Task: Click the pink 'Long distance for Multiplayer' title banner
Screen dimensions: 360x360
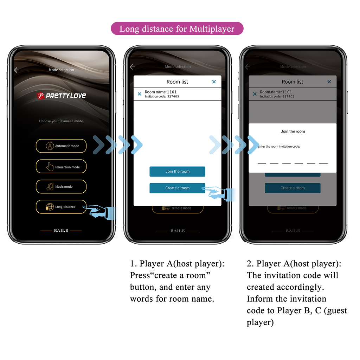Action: pos(177,28)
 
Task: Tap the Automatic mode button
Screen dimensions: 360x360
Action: pos(61,146)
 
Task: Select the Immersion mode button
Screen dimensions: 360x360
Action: pos(61,167)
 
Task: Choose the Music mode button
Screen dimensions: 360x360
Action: pos(61,186)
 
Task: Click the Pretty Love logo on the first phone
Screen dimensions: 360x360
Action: pos(62,96)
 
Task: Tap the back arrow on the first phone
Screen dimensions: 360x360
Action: pos(17,70)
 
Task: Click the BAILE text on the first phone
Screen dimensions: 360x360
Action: pos(61,231)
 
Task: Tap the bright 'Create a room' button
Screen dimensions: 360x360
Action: pos(177,188)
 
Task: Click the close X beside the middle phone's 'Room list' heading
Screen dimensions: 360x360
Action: pos(214,82)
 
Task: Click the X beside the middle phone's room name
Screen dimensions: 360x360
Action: pos(140,94)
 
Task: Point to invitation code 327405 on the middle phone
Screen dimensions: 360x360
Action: pos(173,96)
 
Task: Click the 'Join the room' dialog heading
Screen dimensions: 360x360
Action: pos(293,131)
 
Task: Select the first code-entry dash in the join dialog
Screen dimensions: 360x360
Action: pos(262,163)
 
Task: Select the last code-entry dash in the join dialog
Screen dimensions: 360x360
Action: pos(323,163)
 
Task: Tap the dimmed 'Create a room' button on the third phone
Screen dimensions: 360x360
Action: pos(292,188)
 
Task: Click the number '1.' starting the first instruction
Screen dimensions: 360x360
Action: pos(133,264)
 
